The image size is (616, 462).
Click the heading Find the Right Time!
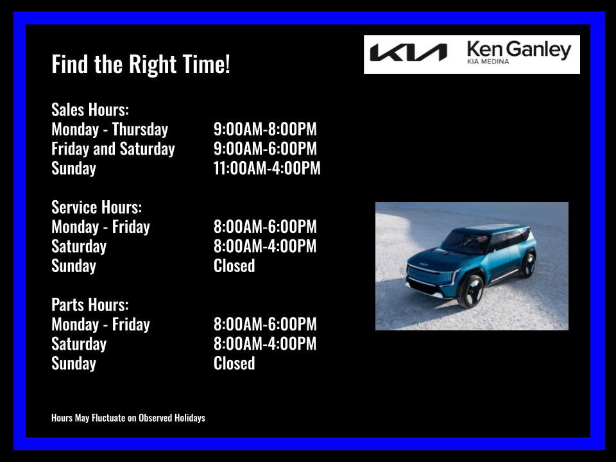(141, 65)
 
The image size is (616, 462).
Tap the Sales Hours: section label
(90, 110)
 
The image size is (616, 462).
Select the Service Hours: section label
(96, 207)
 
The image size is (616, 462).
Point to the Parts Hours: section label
(90, 305)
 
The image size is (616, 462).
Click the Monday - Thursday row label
(110, 130)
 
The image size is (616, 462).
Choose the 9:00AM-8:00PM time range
(265, 130)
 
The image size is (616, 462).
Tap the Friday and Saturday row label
(113, 149)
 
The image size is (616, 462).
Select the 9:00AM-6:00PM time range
(265, 149)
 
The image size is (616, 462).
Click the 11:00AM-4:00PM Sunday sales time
(267, 169)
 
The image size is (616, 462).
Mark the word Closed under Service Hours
(234, 266)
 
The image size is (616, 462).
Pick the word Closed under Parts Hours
(234, 363)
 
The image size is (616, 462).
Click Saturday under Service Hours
(79, 246)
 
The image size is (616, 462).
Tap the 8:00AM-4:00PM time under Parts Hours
(265, 344)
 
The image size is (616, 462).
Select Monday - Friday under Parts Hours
(101, 325)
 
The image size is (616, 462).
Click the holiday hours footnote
(128, 418)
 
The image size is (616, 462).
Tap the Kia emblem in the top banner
(408, 53)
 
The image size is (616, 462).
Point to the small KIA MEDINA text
(488, 62)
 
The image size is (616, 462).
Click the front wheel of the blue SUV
(472, 291)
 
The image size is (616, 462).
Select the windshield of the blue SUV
(465, 241)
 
